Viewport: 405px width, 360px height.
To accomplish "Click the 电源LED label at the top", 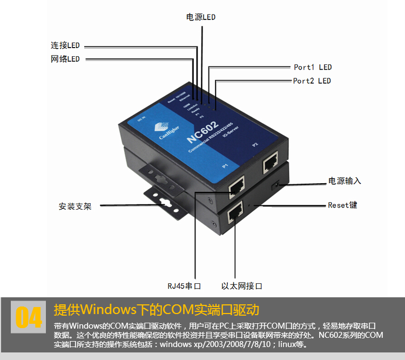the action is pos(200,17).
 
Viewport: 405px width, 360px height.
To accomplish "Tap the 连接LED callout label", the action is pos(65,46).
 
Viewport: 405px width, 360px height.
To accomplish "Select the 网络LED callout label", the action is pos(65,59).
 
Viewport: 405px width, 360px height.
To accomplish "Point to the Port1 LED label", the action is pos(313,68).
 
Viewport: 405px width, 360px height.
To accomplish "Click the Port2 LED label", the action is pos(312,81).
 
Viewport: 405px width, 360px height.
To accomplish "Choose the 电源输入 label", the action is pos(345,181).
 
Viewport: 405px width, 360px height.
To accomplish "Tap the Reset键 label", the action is pos(342,205).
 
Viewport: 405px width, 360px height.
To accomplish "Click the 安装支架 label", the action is pos(75,206).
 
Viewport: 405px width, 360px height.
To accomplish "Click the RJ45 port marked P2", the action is pos(270,163).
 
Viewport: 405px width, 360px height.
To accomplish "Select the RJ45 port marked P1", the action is pos(237,187).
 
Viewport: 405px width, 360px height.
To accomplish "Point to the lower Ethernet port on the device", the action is pos(235,214).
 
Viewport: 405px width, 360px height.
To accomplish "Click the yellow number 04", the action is pos(28,318).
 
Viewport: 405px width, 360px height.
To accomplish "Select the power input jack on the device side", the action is pos(278,185).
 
